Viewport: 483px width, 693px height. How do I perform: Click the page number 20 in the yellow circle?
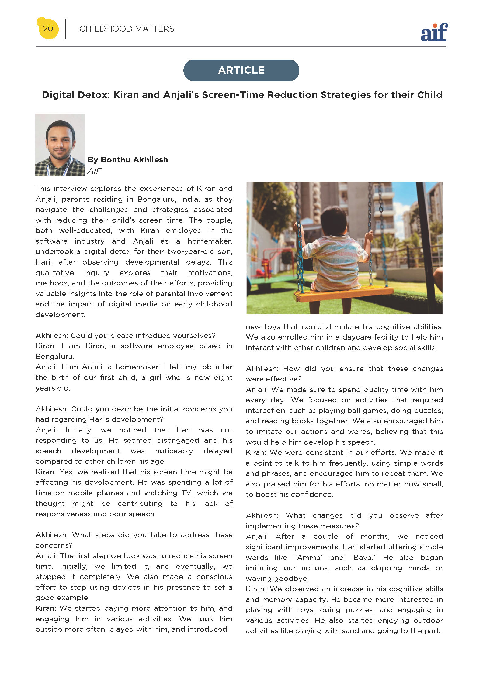pyautogui.click(x=48, y=29)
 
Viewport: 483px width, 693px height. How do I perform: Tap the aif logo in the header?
pyautogui.click(x=434, y=32)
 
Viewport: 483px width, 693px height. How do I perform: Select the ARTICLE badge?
pyautogui.click(x=241, y=70)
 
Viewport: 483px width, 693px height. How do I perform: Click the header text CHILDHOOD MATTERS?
pyautogui.click(x=127, y=29)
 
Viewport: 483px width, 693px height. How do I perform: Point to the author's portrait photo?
pyautogui.click(x=60, y=145)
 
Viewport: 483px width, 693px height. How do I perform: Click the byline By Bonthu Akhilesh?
pyautogui.click(x=128, y=160)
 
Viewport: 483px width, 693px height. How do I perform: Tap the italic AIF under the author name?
pyautogui.click(x=95, y=171)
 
